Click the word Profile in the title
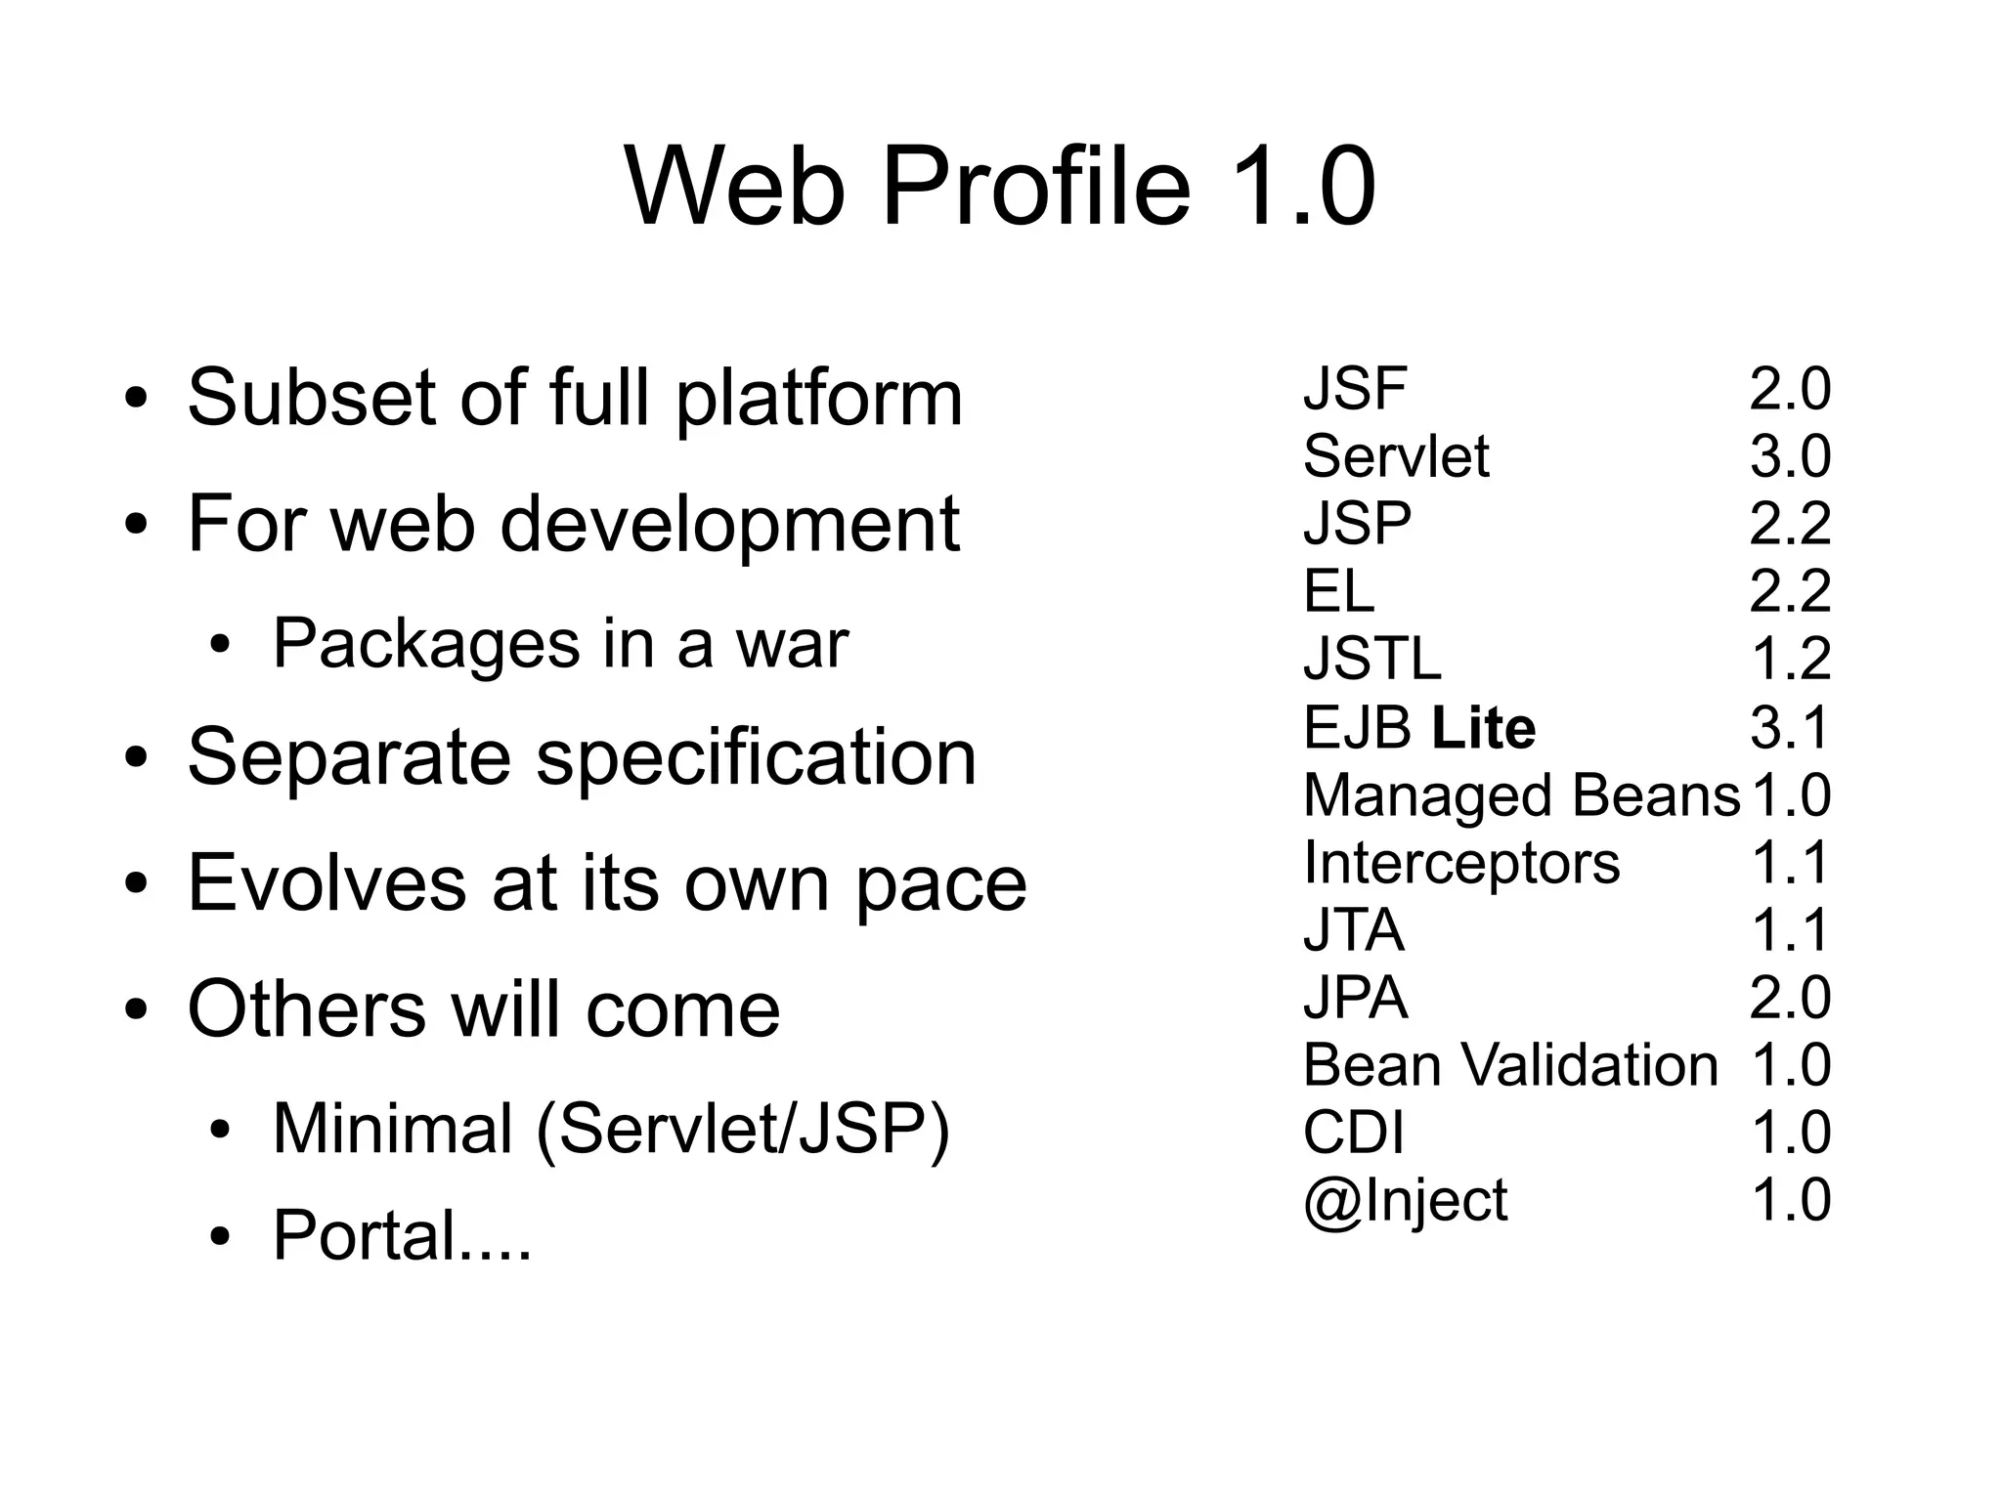tap(1035, 188)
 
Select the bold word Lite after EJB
tap(1483, 728)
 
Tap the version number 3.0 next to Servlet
tap(1789, 456)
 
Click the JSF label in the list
tap(1354, 389)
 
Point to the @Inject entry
tap(1405, 1201)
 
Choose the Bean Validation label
tap(1509, 1065)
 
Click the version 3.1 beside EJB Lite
tap(1789, 728)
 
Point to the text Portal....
tap(401, 1235)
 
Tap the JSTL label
tap(1371, 660)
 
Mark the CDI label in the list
tap(1353, 1134)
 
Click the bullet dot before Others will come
tap(136, 1010)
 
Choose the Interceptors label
tap(1460, 864)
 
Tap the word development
tap(729, 524)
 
